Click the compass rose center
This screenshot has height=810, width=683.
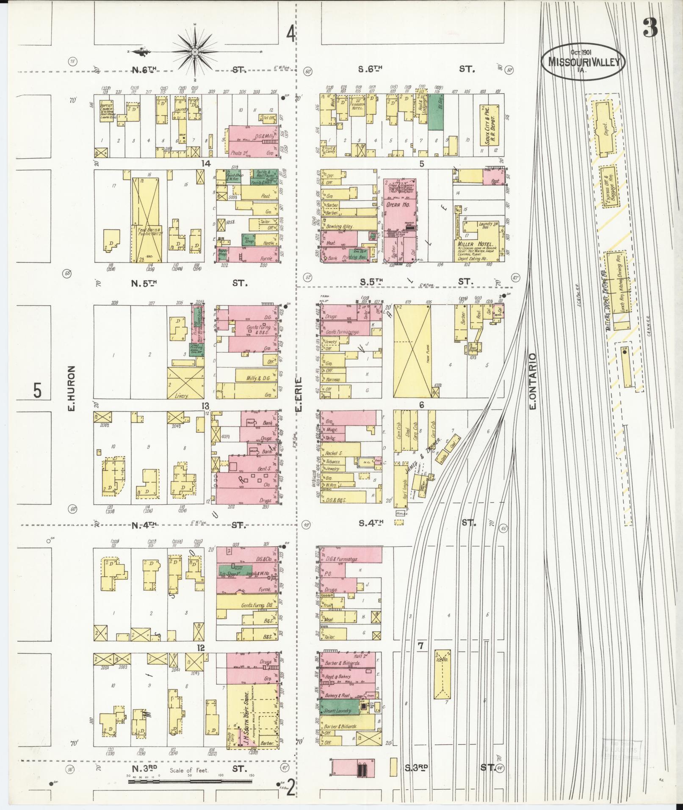(x=195, y=52)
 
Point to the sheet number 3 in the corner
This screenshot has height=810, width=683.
(x=650, y=29)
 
